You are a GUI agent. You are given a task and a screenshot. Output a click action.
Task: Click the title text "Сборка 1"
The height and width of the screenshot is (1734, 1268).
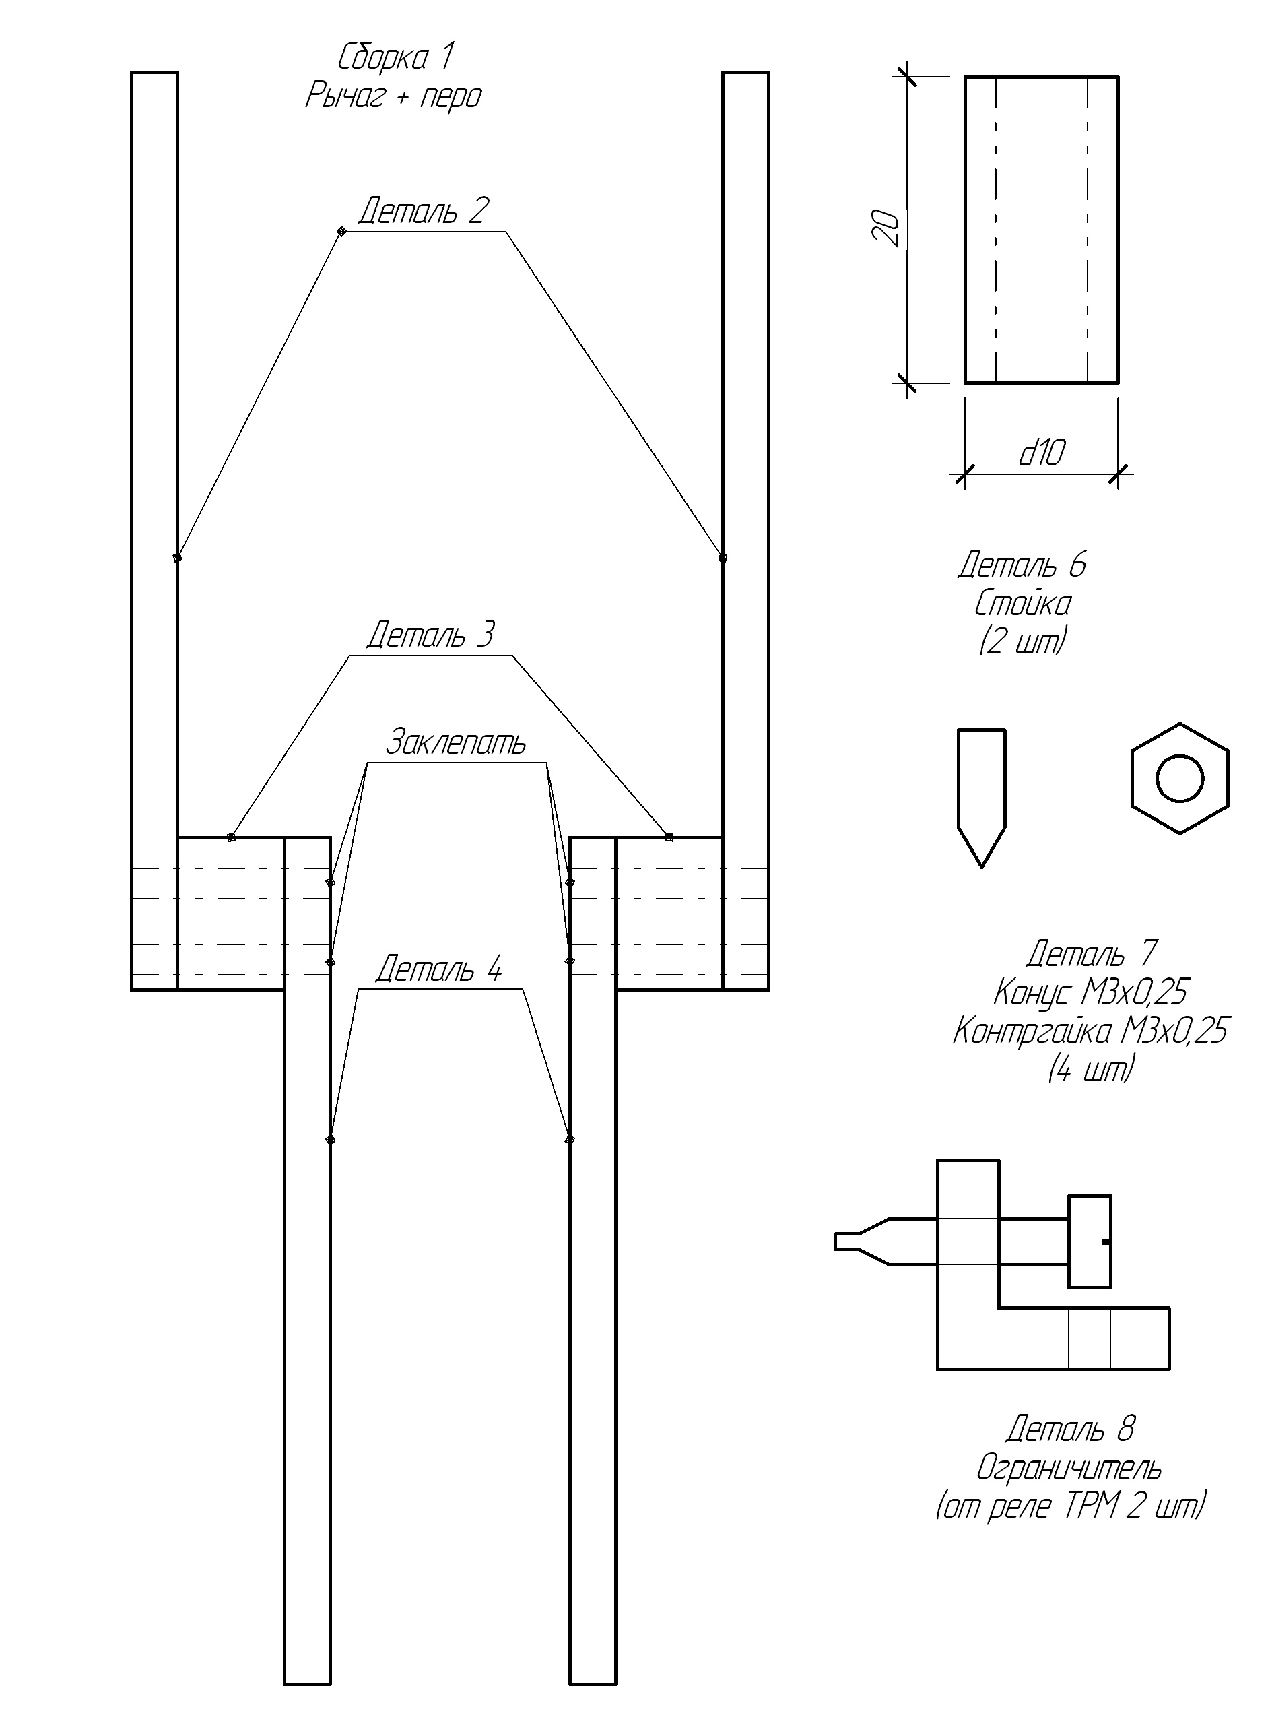click(x=395, y=57)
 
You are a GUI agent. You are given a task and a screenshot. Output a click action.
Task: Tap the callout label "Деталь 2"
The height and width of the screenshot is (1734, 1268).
click(x=423, y=211)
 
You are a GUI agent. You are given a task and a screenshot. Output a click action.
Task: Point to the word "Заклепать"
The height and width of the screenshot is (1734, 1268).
click(x=455, y=742)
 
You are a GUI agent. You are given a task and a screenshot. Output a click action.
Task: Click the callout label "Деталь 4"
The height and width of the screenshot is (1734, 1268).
click(x=438, y=969)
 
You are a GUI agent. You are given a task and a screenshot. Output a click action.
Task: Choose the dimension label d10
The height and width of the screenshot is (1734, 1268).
click(x=1042, y=454)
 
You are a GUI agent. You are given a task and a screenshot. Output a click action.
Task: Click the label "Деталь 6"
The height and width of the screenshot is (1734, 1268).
click(x=1022, y=565)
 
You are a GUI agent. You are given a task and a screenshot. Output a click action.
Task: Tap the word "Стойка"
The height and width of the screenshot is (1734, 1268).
click(x=1022, y=604)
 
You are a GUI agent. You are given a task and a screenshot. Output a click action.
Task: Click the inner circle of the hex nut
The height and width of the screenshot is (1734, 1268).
click(x=1180, y=779)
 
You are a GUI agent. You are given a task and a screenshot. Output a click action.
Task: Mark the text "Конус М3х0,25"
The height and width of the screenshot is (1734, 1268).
click(x=1090, y=993)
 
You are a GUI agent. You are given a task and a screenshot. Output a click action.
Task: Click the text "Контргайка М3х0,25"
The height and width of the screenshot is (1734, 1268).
click(x=1090, y=1031)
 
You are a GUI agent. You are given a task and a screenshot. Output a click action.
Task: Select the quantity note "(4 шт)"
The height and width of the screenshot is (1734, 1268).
click(x=1090, y=1070)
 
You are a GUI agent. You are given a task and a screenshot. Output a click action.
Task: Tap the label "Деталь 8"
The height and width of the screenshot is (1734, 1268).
click(x=1070, y=1429)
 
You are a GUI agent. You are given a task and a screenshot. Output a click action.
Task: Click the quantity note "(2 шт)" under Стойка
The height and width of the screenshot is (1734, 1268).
click(x=1022, y=642)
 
